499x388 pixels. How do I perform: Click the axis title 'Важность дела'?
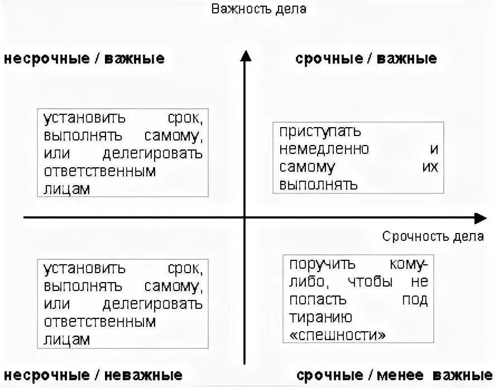pyautogui.click(x=258, y=9)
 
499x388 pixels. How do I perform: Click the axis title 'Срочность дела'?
pyautogui.click(x=433, y=236)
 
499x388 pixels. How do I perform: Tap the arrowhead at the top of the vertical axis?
pyautogui.click(x=244, y=55)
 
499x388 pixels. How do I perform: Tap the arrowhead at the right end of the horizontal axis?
pyautogui.click(x=481, y=218)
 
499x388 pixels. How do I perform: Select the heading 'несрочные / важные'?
pyautogui.click(x=84, y=59)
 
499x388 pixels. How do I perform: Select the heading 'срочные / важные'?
pyautogui.click(x=366, y=59)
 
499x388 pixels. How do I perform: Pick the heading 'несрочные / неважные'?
pyautogui.click(x=93, y=375)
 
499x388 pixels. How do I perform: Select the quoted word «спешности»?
pyautogui.click(x=337, y=335)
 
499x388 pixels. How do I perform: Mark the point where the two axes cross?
pyautogui.click(x=244, y=218)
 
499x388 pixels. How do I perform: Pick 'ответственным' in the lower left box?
pyautogui.click(x=99, y=322)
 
